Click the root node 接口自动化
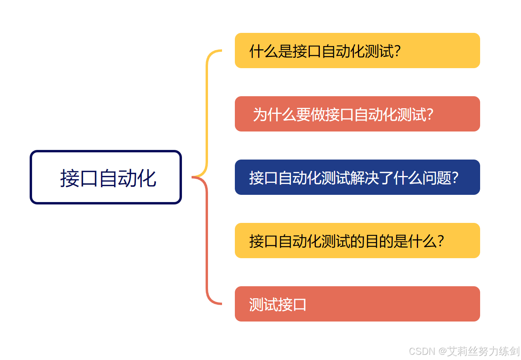tap(106, 177)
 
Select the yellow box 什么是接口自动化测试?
tap(357, 51)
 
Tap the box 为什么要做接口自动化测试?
tap(357, 114)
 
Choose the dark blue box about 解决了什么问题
tap(357, 177)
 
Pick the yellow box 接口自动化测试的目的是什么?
tap(357, 241)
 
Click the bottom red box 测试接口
tap(357, 304)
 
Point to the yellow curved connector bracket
tap(207, 112)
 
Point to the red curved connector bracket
tap(207, 241)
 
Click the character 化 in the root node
tap(146, 178)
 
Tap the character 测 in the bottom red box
tap(256, 305)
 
